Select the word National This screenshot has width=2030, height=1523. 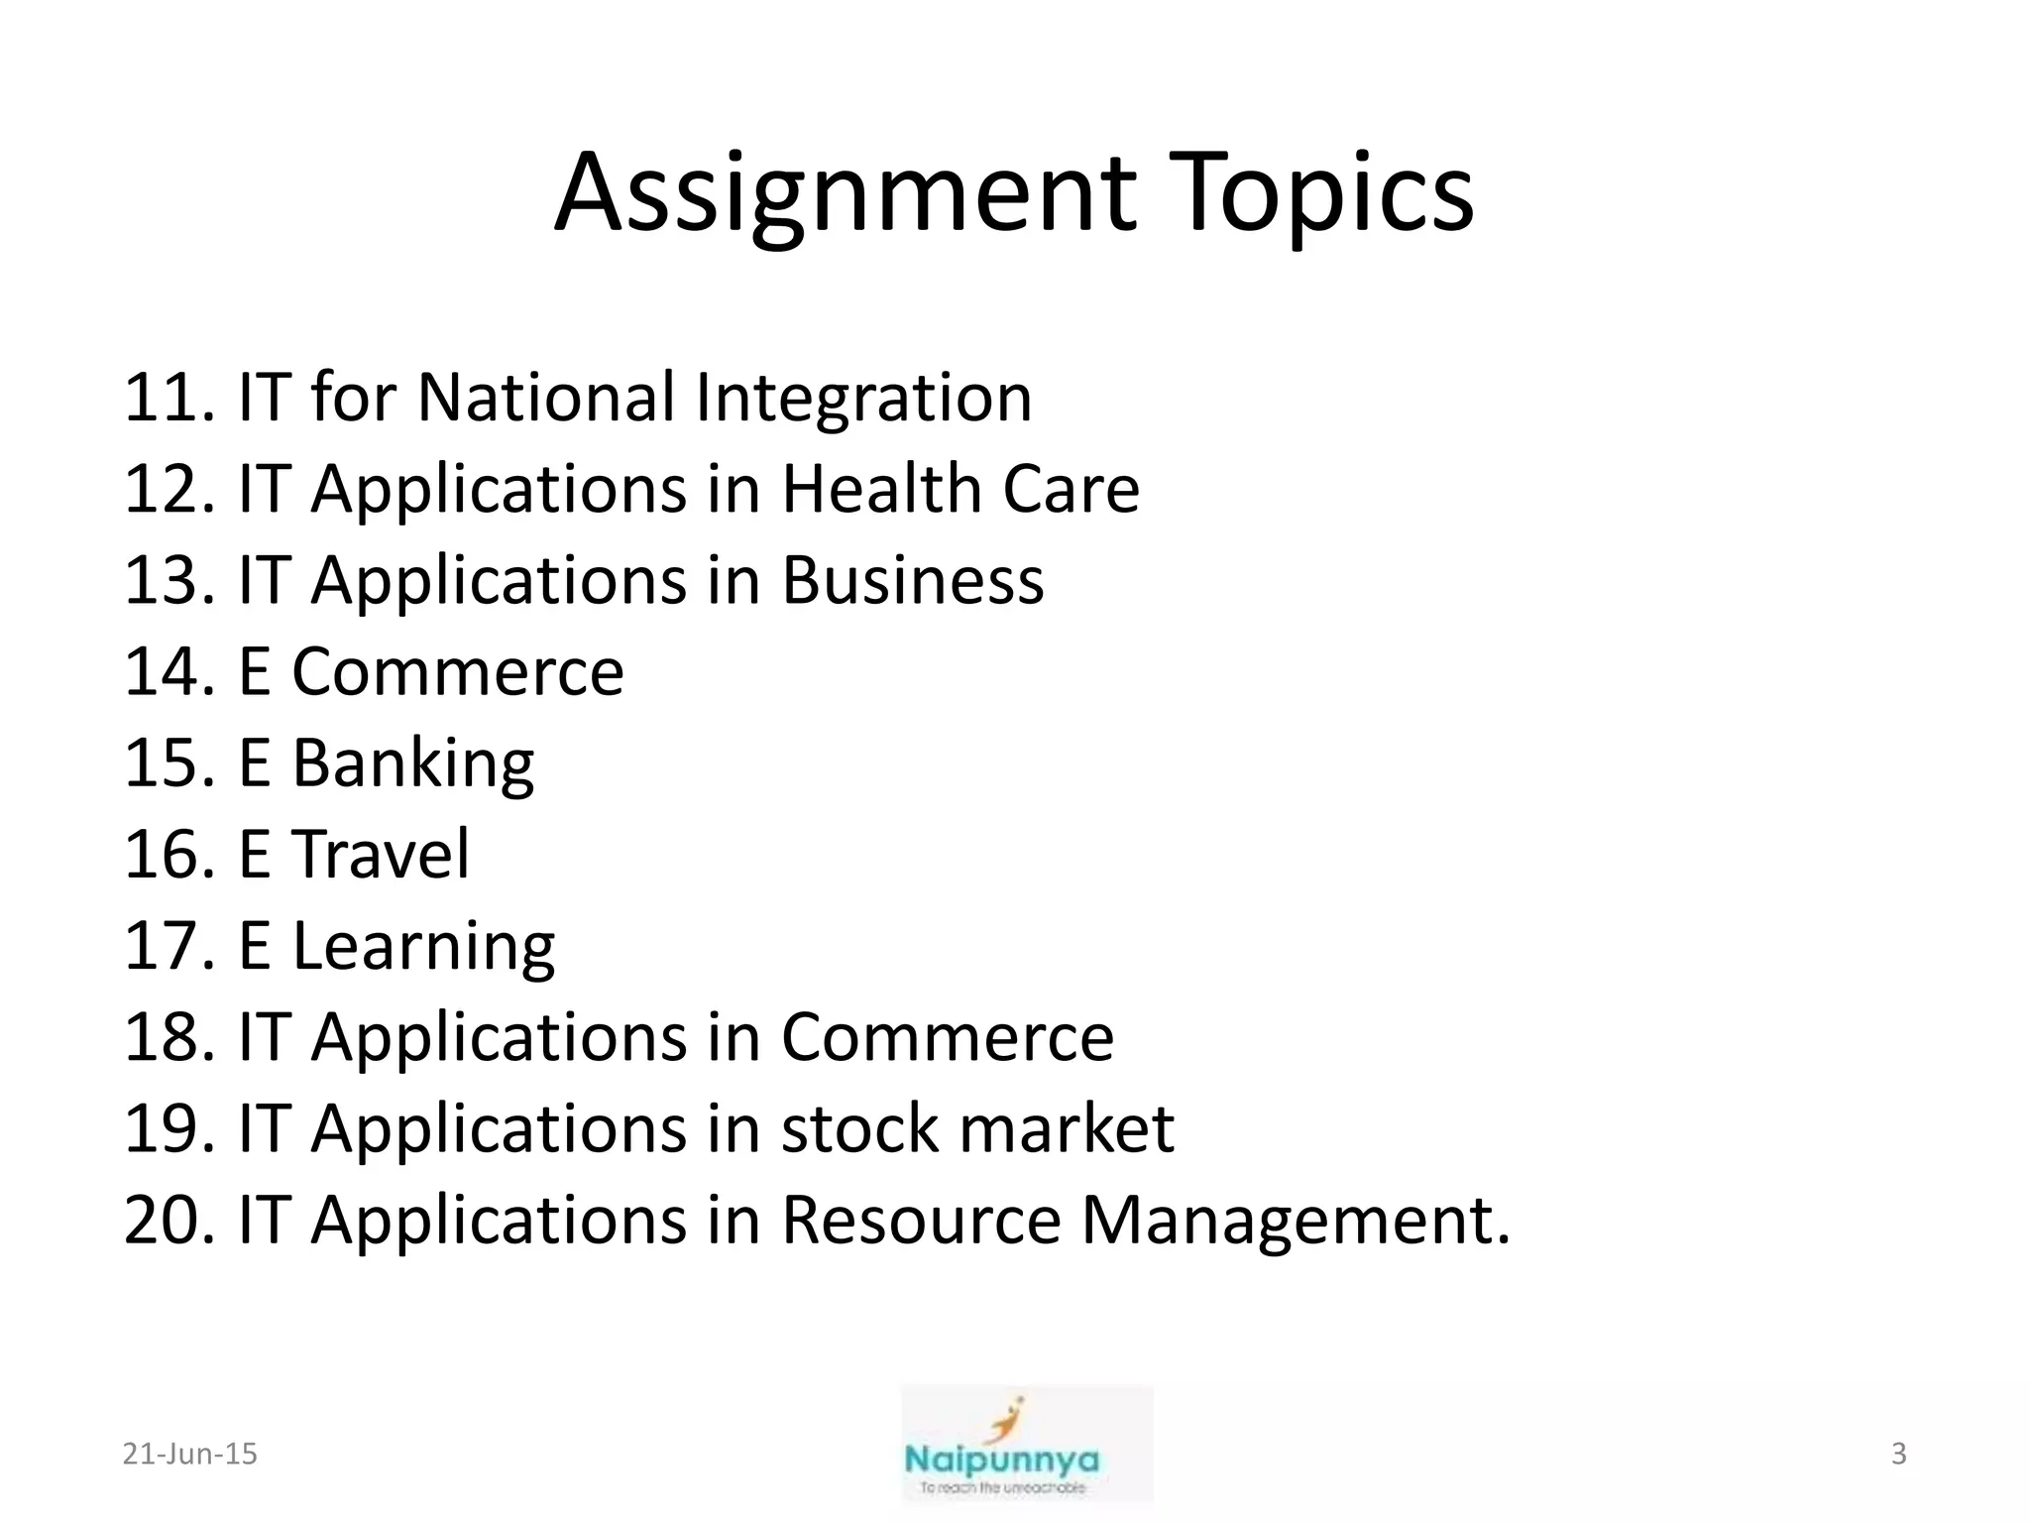[x=545, y=398]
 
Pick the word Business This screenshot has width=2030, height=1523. [x=912, y=580]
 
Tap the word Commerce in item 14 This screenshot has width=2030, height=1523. [x=457, y=672]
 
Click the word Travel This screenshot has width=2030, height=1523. [x=381, y=855]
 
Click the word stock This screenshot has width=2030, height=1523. [x=859, y=1129]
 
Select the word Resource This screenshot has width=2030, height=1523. [x=921, y=1221]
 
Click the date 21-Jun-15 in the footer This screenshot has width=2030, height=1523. [x=189, y=1454]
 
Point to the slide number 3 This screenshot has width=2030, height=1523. [x=1898, y=1454]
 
